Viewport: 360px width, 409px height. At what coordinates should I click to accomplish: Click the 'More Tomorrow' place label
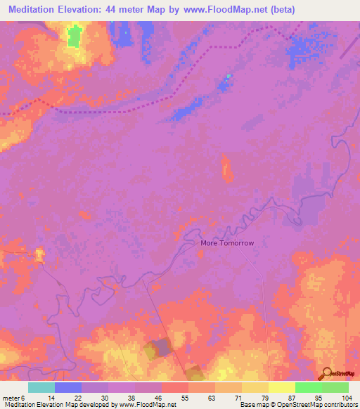(x=226, y=243)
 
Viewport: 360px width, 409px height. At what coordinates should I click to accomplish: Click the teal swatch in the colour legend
(x=41, y=387)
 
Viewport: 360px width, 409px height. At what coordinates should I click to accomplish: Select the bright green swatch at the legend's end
(x=335, y=387)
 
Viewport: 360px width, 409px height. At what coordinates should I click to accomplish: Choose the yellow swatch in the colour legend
(x=281, y=387)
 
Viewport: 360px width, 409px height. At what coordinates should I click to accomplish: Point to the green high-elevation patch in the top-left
(x=74, y=37)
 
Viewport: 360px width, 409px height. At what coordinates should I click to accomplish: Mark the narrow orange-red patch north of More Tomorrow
(x=226, y=169)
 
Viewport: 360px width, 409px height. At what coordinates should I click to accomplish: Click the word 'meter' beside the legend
(x=11, y=397)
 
